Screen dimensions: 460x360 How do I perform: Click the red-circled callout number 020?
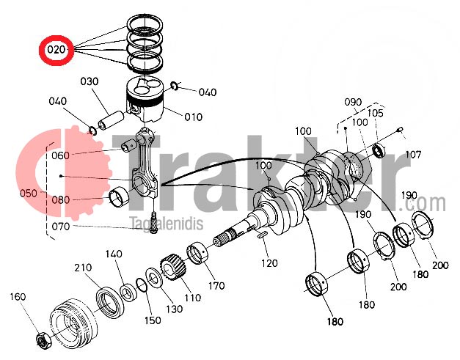(x=56, y=50)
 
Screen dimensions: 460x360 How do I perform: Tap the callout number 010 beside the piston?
(x=194, y=117)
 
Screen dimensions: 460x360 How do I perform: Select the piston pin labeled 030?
(x=111, y=120)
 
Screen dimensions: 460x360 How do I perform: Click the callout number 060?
(x=60, y=155)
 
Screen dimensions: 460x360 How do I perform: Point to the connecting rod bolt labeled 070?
(x=153, y=223)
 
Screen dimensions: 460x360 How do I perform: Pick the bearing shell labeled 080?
(x=119, y=196)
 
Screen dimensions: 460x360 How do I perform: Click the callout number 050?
(x=29, y=194)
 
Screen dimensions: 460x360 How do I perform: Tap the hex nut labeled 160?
(x=43, y=342)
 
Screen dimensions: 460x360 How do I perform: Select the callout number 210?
(x=83, y=268)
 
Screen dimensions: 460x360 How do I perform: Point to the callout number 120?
(x=269, y=263)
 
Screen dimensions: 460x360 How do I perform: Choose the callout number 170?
(x=216, y=285)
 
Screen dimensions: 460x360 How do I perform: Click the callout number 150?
(x=153, y=320)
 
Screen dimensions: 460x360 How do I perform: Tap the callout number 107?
(x=413, y=155)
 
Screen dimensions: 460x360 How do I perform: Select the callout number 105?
(x=375, y=113)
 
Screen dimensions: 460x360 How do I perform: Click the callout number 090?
(x=353, y=102)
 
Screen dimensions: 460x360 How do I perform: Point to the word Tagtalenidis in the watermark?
(x=167, y=224)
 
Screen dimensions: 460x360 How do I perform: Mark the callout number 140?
(x=114, y=254)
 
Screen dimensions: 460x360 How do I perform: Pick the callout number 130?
(x=175, y=309)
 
